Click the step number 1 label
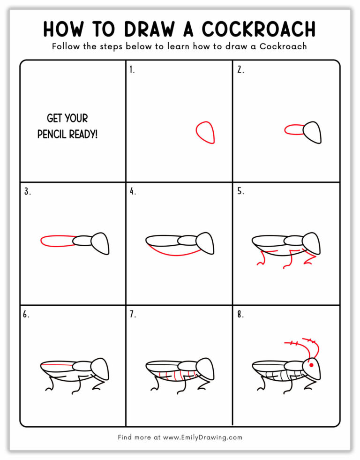pos(132,70)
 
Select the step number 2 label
pos(240,70)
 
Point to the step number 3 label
pos(27,191)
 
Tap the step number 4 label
pos(133,191)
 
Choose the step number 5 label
pos(240,191)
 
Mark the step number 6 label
pos(27,315)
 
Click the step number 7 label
pos(133,315)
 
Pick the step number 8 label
pos(240,315)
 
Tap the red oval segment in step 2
pos(294,130)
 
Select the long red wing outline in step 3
pos(57,241)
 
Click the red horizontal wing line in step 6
pos(56,364)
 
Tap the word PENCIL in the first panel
pos(52,134)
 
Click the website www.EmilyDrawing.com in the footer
pos(202,437)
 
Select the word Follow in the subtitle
pos(64,46)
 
